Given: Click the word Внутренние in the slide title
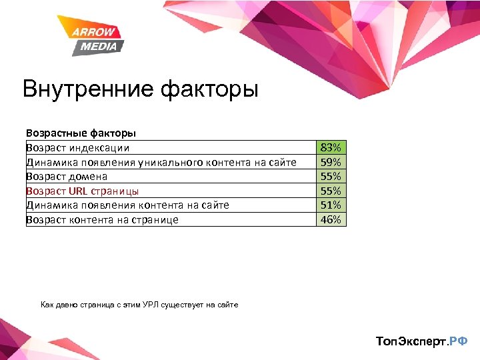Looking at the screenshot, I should (x=85, y=89).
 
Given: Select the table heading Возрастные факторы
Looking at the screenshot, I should (x=81, y=133).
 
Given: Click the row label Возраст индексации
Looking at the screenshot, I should (x=78, y=148).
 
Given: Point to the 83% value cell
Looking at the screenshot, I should (x=331, y=147).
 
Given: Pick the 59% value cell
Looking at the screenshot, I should (x=331, y=162).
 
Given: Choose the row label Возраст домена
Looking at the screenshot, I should (x=67, y=177).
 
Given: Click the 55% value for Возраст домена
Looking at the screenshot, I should (x=331, y=176).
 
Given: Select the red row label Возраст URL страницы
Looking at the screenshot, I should (x=83, y=191).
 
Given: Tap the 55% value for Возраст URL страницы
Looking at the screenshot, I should (x=331, y=191).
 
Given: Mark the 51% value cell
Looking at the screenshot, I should (x=331, y=205).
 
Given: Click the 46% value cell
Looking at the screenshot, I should (x=331, y=219).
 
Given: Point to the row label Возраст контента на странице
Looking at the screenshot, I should (x=102, y=219).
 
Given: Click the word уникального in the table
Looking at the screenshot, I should (x=171, y=162).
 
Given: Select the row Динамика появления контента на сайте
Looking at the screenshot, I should (x=127, y=205).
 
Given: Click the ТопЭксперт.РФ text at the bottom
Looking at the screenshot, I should (x=421, y=341).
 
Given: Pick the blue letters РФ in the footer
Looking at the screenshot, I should (x=458, y=341).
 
